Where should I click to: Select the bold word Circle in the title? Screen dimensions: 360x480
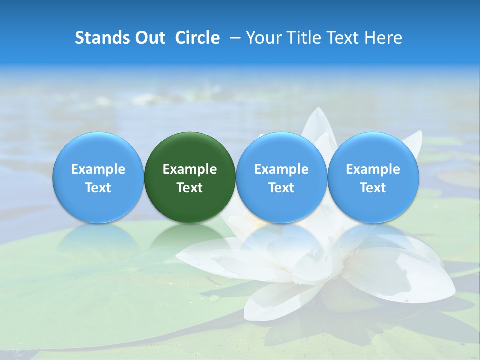[x=197, y=38]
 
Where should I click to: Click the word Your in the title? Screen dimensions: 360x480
[x=263, y=38]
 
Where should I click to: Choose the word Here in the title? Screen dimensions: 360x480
[x=383, y=38]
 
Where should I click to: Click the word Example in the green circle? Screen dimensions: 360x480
[x=190, y=169]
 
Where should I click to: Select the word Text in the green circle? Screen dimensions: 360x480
[x=190, y=188]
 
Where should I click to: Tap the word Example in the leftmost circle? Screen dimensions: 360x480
[x=98, y=169]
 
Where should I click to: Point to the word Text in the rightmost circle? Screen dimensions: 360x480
[x=373, y=188]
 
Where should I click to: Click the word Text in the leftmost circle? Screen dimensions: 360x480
[x=98, y=188]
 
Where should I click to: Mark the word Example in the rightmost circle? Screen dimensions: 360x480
[x=373, y=169]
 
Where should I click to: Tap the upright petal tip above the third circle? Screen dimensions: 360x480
[x=316, y=114]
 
